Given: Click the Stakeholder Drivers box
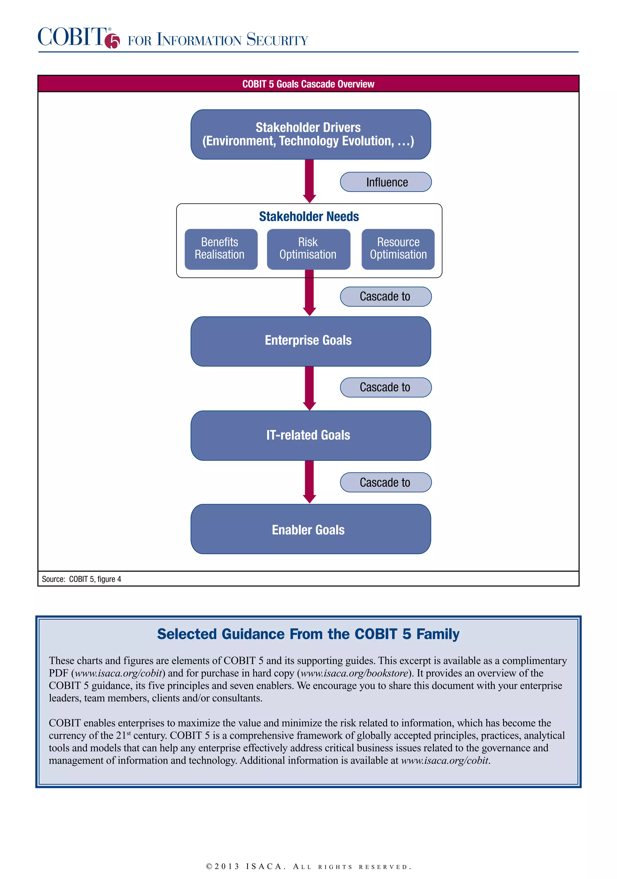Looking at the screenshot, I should coord(310,134).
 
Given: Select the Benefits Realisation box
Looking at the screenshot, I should coord(221,249).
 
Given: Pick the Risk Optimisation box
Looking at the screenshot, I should coord(308,249).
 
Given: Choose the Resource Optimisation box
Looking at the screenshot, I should coord(398,249).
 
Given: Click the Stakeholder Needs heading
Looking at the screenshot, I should coord(309,217).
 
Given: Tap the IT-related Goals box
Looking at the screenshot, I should coord(310,435).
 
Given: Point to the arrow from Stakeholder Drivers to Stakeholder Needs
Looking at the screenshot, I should coord(309,180).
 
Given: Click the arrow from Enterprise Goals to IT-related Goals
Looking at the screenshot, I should coord(309,388).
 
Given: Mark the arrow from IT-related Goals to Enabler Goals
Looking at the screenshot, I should coord(309,481).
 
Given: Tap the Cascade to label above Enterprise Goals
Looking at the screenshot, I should coord(385,297).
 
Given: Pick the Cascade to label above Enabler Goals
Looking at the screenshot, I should coord(385,482).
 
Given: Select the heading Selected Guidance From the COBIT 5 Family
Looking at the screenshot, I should coord(308,634).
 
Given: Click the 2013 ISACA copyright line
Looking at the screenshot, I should coord(308,866).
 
